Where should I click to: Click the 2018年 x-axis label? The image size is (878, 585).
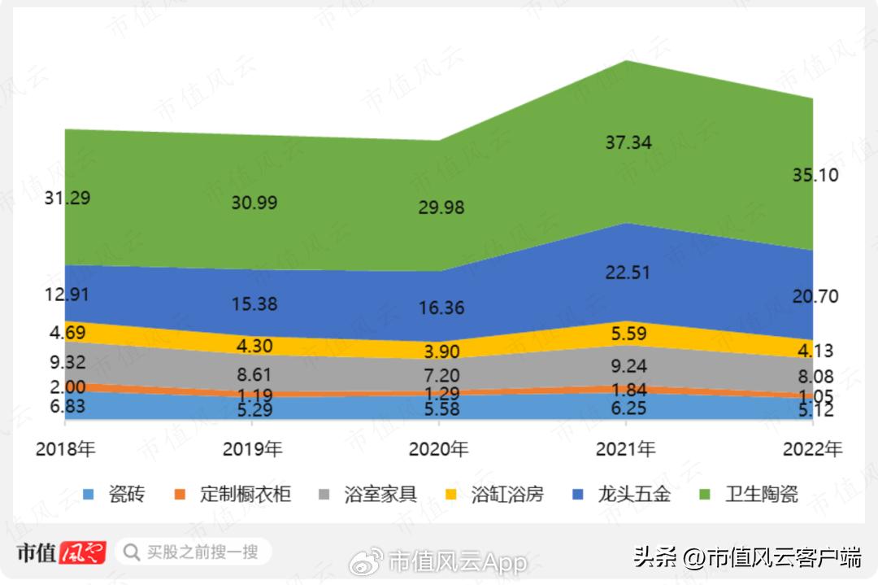(66, 449)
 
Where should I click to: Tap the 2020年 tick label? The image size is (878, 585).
(439, 449)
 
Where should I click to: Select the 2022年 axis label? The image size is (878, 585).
(812, 449)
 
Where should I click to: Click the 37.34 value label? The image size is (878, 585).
(628, 143)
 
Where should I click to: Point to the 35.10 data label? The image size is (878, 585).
(815, 176)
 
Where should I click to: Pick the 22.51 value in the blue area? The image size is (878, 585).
(627, 273)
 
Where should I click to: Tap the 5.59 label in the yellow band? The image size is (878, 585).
(627, 333)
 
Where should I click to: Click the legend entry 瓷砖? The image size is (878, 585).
(126, 493)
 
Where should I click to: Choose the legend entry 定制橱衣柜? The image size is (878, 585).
(245, 493)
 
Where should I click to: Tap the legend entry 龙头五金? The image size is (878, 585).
(633, 493)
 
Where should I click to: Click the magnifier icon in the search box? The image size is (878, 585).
(131, 553)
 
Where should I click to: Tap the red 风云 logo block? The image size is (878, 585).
(83, 553)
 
